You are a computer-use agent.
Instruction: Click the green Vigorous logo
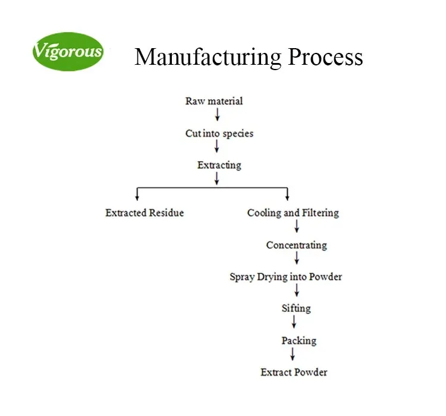68,51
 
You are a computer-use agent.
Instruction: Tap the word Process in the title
325,57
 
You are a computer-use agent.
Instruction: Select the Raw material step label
214,101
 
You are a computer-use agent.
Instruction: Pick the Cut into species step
219,134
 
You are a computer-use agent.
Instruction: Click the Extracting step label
219,165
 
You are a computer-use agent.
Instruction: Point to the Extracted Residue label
145,213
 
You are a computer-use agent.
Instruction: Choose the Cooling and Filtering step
293,213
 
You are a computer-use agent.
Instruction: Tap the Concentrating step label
296,245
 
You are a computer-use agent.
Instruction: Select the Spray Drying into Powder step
286,277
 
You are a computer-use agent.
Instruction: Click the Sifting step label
296,308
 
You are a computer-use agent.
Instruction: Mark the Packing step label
299,341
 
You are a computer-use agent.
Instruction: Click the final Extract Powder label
294,373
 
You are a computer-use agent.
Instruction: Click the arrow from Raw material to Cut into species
218,115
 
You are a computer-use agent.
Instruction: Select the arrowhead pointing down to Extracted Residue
138,196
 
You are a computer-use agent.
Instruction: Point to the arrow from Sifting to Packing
294,322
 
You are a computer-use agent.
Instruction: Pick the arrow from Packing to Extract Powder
293,354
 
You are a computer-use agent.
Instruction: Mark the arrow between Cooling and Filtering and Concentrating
297,226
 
